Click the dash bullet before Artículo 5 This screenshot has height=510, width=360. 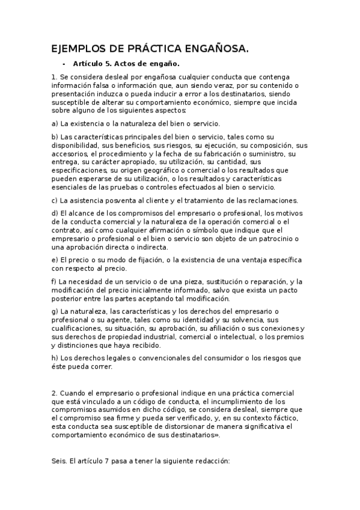pos(64,63)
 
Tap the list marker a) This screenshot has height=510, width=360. pos(55,123)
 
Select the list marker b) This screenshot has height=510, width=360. pos(55,137)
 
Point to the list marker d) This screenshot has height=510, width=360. pos(55,214)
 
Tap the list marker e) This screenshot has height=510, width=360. pos(55,260)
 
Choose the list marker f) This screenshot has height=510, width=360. pos(55,281)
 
